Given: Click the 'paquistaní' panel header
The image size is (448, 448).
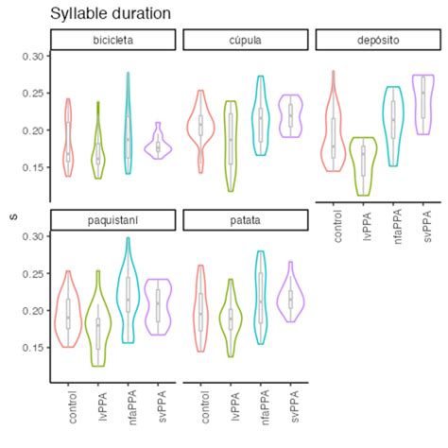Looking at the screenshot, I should click(112, 220).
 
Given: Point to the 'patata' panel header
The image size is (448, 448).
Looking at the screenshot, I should click(245, 220).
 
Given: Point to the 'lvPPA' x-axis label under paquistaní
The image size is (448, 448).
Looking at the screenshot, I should click(101, 404).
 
